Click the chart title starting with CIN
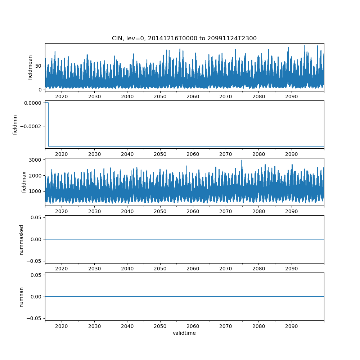pos(184,39)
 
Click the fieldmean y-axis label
pos(30,67)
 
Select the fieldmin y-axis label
pos(15,125)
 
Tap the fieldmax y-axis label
pos(24,182)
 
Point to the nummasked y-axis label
pos(21,239)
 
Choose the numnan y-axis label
pos(21,297)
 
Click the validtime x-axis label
pos(184,333)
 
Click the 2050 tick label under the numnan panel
pos(160,326)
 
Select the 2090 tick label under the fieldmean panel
pos(291,96)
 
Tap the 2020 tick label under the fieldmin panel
pos(62,154)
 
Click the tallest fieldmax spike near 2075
pos(242,161)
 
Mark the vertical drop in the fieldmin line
pos(48,125)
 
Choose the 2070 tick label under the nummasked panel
pos(226,269)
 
